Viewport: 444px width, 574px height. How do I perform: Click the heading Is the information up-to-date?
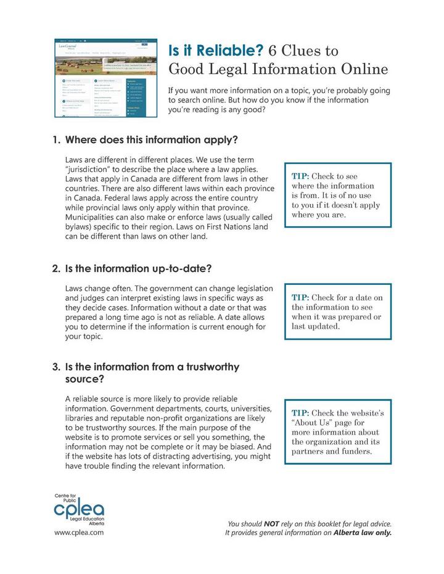pyautogui.click(x=138, y=269)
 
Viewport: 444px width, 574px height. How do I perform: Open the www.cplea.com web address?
pyautogui.click(x=78, y=531)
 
